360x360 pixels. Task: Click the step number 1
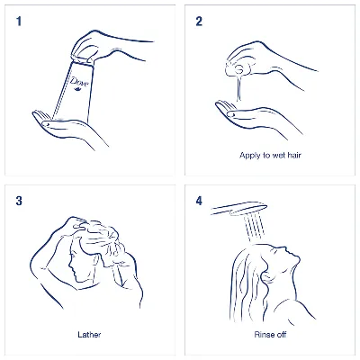(x=19, y=22)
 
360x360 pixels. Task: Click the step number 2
(x=199, y=22)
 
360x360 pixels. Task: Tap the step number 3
(x=19, y=201)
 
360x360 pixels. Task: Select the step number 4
(x=199, y=201)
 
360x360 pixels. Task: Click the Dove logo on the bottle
(x=79, y=83)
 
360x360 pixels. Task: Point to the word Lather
(x=89, y=335)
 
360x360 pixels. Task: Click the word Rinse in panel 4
(x=263, y=335)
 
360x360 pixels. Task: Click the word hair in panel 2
(x=294, y=155)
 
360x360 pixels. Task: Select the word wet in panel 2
(x=279, y=156)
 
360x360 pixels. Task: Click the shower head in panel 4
(x=239, y=209)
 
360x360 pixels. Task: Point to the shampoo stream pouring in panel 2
(x=238, y=87)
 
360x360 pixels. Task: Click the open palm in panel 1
(x=69, y=128)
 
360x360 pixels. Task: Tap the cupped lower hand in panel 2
(x=255, y=117)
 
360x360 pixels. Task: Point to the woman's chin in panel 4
(x=297, y=258)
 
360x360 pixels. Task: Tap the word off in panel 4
(x=280, y=335)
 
